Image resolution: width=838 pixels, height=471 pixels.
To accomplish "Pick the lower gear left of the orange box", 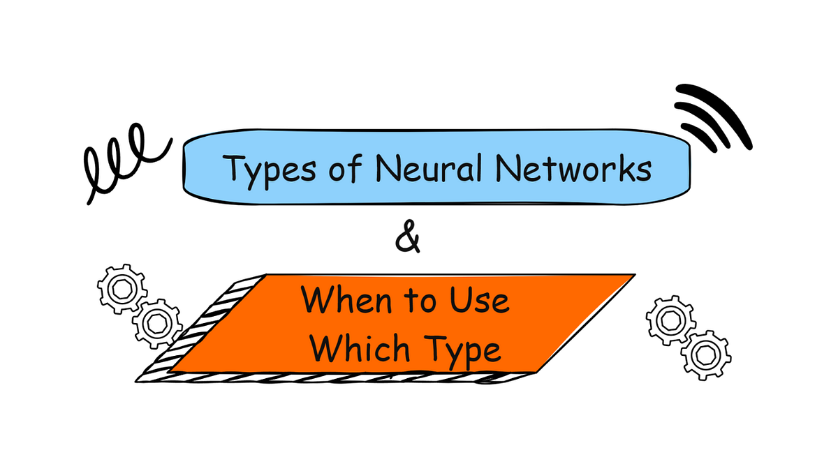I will [157, 322].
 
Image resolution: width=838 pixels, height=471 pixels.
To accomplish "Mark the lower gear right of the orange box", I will [705, 354].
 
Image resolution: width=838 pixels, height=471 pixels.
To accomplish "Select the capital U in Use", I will [462, 301].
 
